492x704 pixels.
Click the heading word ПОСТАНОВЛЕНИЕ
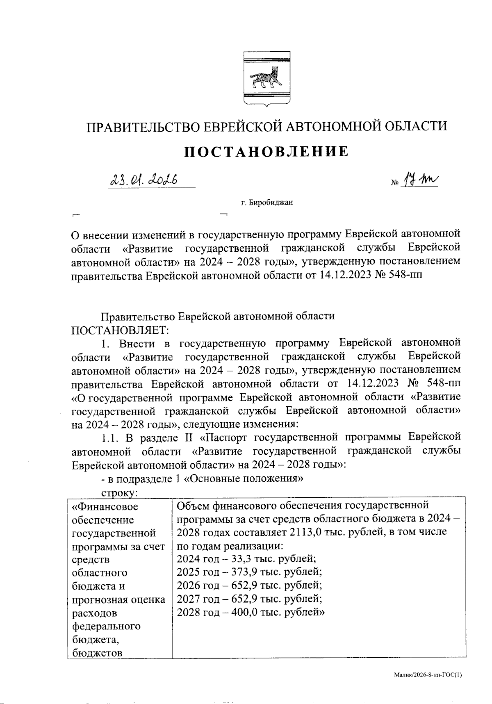pyautogui.click(x=266, y=151)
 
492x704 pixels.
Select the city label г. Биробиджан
pyautogui.click(x=266, y=202)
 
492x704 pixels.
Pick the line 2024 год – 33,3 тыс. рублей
pyautogui.click(x=246, y=559)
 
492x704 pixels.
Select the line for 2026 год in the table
pyautogui.click(x=249, y=586)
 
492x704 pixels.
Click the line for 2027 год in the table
pyautogui.click(x=249, y=599)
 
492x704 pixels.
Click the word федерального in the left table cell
pyautogui.click(x=106, y=626)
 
